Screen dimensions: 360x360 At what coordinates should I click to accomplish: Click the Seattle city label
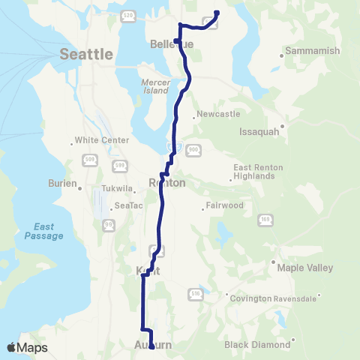coord(86,54)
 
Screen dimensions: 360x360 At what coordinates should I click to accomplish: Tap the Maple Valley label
coord(298,267)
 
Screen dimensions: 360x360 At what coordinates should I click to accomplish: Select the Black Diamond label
coord(257,345)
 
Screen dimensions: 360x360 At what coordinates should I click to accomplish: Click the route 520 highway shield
coord(127,15)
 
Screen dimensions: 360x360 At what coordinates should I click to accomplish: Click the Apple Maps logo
coord(27,347)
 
